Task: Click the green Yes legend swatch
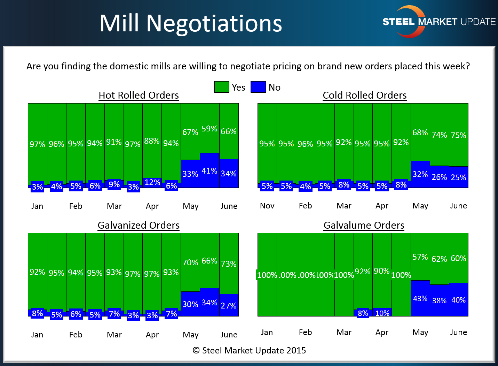tap(221, 87)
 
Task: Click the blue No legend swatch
tap(258, 87)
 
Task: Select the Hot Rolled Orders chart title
tap(139, 95)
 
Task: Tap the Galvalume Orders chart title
tap(364, 225)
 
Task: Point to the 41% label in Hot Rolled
tap(210, 171)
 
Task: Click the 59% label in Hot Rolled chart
tap(210, 129)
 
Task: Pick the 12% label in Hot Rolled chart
tap(152, 182)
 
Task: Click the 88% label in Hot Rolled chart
tap(152, 141)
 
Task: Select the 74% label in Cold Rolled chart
tap(439, 135)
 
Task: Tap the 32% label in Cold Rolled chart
tap(420, 174)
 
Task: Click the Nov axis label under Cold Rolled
tap(267, 206)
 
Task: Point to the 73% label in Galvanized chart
tap(229, 264)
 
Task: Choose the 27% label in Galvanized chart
tap(229, 306)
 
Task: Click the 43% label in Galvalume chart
tap(420, 299)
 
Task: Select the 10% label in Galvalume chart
tap(382, 313)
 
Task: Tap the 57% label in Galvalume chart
tap(420, 257)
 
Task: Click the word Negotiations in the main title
tap(214, 24)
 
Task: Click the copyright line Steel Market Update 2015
tap(249, 350)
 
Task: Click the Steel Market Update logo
tap(438, 22)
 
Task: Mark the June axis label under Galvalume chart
tap(458, 332)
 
